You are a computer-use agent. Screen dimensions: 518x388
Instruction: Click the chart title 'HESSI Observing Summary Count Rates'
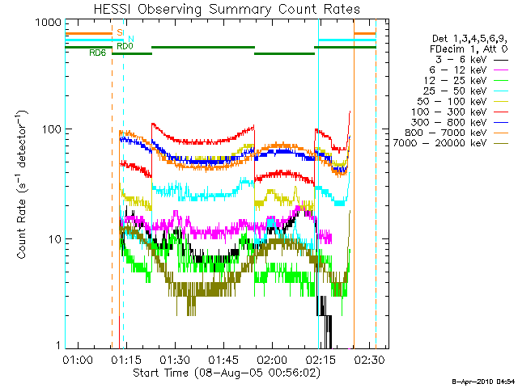(x=227, y=9)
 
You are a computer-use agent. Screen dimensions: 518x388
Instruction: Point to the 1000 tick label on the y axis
(x=49, y=23)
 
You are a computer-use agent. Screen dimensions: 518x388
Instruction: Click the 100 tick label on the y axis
(x=52, y=129)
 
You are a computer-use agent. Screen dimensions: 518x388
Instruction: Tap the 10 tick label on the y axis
(x=55, y=239)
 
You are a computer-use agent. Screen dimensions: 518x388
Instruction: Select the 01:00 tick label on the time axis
(x=78, y=359)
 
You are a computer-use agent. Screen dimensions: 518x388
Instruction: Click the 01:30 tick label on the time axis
(x=175, y=359)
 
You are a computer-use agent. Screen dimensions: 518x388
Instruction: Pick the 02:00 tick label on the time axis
(x=272, y=359)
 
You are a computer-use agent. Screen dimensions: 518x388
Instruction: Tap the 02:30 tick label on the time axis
(x=370, y=359)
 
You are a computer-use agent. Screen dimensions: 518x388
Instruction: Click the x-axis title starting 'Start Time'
(x=227, y=373)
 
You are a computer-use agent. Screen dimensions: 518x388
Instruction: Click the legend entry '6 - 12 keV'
(x=469, y=70)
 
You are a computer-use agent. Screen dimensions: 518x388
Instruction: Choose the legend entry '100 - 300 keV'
(x=460, y=112)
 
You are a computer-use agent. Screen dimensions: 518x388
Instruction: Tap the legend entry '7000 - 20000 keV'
(x=451, y=143)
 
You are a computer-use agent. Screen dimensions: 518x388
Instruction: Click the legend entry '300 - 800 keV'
(x=460, y=122)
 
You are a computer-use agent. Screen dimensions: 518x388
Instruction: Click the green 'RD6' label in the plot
(x=97, y=53)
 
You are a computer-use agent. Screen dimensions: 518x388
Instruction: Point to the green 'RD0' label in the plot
(x=125, y=46)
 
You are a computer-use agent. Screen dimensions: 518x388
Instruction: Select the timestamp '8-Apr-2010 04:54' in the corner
(x=483, y=382)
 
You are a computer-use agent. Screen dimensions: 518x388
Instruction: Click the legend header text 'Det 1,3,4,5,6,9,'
(x=469, y=39)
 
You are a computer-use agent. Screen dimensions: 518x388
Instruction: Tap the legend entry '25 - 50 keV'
(x=466, y=91)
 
